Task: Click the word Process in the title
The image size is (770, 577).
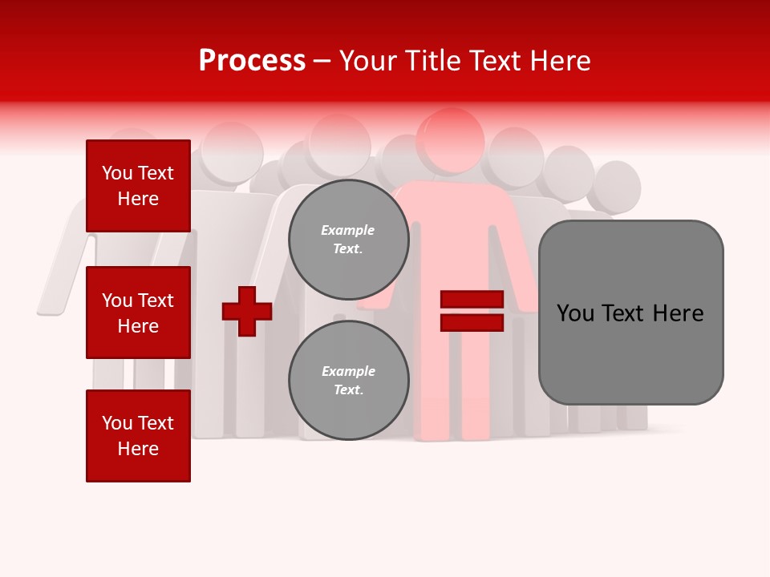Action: tap(252, 61)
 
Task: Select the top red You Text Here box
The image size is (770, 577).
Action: tap(138, 186)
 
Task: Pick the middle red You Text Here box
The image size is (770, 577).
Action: tap(138, 313)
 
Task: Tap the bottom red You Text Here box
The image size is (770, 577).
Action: tap(138, 436)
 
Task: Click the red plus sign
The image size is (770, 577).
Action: tap(247, 311)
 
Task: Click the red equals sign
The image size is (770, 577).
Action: tap(472, 311)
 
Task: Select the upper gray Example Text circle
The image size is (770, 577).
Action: tap(349, 239)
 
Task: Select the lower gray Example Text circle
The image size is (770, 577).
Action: tap(349, 380)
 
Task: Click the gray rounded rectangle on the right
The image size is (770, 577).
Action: tap(630, 313)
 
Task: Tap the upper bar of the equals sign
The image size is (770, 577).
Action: tap(472, 300)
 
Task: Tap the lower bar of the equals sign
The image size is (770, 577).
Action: tap(472, 323)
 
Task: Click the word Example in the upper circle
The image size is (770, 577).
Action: tap(348, 230)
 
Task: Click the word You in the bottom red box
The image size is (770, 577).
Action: tap(117, 423)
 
